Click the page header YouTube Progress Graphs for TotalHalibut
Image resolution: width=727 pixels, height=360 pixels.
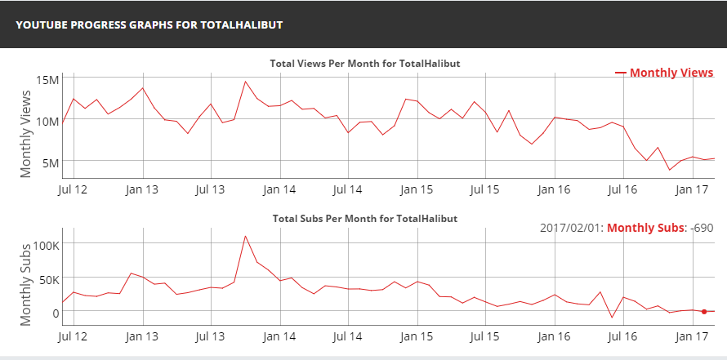(149, 24)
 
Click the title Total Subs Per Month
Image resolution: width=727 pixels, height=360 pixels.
(363, 219)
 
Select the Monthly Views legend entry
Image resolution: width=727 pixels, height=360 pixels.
(663, 73)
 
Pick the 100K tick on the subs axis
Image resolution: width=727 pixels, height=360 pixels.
(43, 244)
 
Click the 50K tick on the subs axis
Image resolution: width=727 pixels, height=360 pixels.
(46, 278)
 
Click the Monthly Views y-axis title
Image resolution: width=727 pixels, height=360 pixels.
(26, 132)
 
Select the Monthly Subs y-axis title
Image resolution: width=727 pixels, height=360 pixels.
(26, 283)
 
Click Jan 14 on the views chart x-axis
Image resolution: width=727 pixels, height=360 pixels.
(279, 189)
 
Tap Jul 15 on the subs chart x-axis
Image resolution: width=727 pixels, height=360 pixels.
(485, 335)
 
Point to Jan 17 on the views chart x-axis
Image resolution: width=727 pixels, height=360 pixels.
(692, 189)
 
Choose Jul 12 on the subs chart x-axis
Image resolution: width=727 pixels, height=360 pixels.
(74, 335)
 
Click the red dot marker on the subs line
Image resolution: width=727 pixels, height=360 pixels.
(704, 311)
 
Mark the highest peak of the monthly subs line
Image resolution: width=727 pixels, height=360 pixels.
(245, 237)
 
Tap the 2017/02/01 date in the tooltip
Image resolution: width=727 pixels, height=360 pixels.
(569, 227)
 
